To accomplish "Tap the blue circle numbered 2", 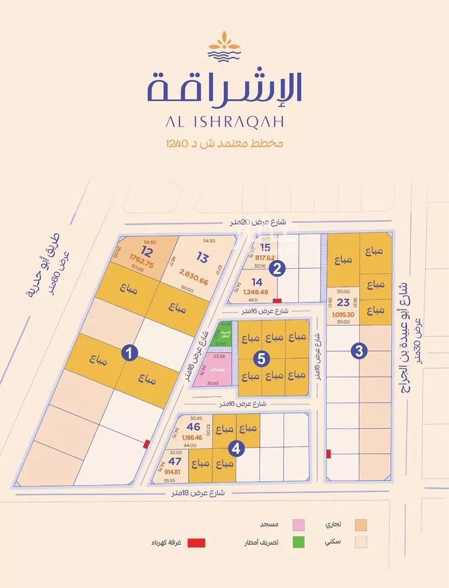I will click(276, 269).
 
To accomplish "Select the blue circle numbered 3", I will click(359, 352).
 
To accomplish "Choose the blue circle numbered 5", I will click(262, 359).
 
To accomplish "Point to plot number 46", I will click(193, 427).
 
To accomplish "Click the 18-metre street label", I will click(197, 493).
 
